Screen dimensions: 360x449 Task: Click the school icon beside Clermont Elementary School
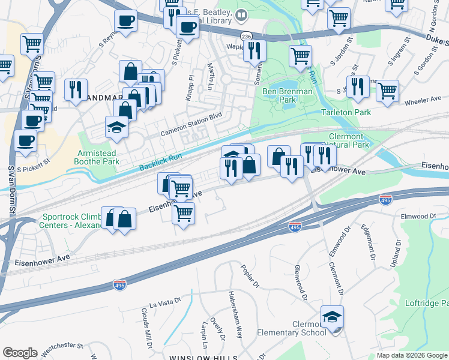[332, 316]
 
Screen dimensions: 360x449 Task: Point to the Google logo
[20, 353]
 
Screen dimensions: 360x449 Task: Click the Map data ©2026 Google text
[412, 355]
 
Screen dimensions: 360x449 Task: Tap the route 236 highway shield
[246, 36]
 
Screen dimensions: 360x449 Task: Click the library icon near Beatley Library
[241, 14]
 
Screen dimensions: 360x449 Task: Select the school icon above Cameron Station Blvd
[116, 127]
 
